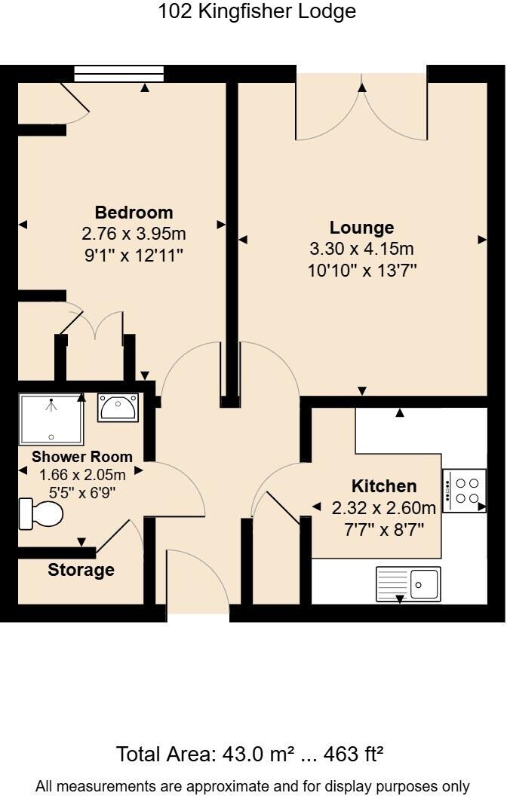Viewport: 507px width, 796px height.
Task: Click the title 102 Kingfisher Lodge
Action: (257, 12)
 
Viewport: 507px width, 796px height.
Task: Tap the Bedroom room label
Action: (134, 213)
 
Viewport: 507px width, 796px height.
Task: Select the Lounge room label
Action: (361, 228)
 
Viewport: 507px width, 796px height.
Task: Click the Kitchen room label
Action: (384, 486)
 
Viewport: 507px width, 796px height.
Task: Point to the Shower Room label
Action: (82, 457)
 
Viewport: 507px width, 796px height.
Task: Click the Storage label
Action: (81, 570)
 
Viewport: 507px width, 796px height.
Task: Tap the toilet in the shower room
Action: (41, 514)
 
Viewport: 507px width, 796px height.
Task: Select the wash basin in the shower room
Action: (117, 408)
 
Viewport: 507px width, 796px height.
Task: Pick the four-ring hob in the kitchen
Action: (464, 491)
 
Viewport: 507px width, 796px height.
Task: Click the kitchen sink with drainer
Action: (408, 583)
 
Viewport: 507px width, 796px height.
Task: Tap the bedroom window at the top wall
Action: (119, 73)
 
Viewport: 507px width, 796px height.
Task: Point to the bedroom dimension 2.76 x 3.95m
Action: (134, 234)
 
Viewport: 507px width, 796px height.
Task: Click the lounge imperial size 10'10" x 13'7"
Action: (362, 271)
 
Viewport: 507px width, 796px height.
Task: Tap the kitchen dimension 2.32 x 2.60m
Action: (384, 507)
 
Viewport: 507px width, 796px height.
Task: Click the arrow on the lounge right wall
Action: (481, 240)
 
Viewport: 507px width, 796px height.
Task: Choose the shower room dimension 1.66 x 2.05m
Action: (82, 475)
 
